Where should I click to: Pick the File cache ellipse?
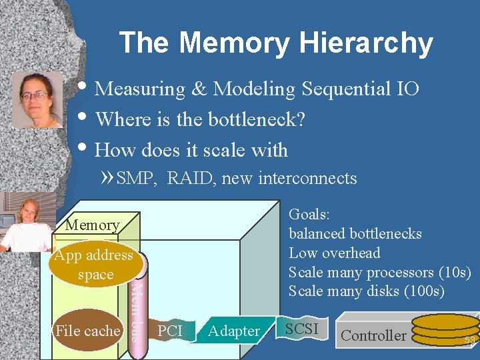(x=87, y=331)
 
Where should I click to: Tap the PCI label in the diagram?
(x=171, y=331)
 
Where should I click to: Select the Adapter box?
(x=233, y=331)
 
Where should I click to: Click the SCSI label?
(x=301, y=329)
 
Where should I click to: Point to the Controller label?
(x=373, y=335)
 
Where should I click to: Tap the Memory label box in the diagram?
(x=93, y=225)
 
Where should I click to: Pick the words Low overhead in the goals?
(x=334, y=253)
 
